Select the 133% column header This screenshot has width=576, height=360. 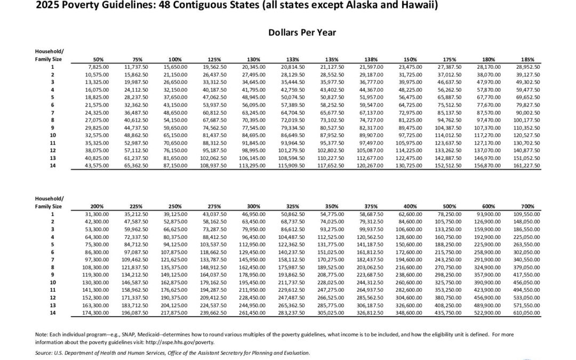point(292,60)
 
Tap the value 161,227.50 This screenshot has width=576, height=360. point(527,166)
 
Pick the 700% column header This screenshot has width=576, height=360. point(527,206)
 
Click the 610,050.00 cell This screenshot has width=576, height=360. point(527,313)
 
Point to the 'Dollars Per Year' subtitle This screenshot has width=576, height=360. point(302,33)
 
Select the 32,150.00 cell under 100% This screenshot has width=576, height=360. point(175,90)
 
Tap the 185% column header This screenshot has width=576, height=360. point(527,60)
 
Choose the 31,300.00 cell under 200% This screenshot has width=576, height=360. point(97,214)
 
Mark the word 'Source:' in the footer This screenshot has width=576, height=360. point(44,353)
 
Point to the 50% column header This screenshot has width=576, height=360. point(98,60)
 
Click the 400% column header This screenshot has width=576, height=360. point(410,206)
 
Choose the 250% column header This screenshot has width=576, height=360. point(175,206)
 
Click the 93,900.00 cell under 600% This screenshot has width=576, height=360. point(489,214)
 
